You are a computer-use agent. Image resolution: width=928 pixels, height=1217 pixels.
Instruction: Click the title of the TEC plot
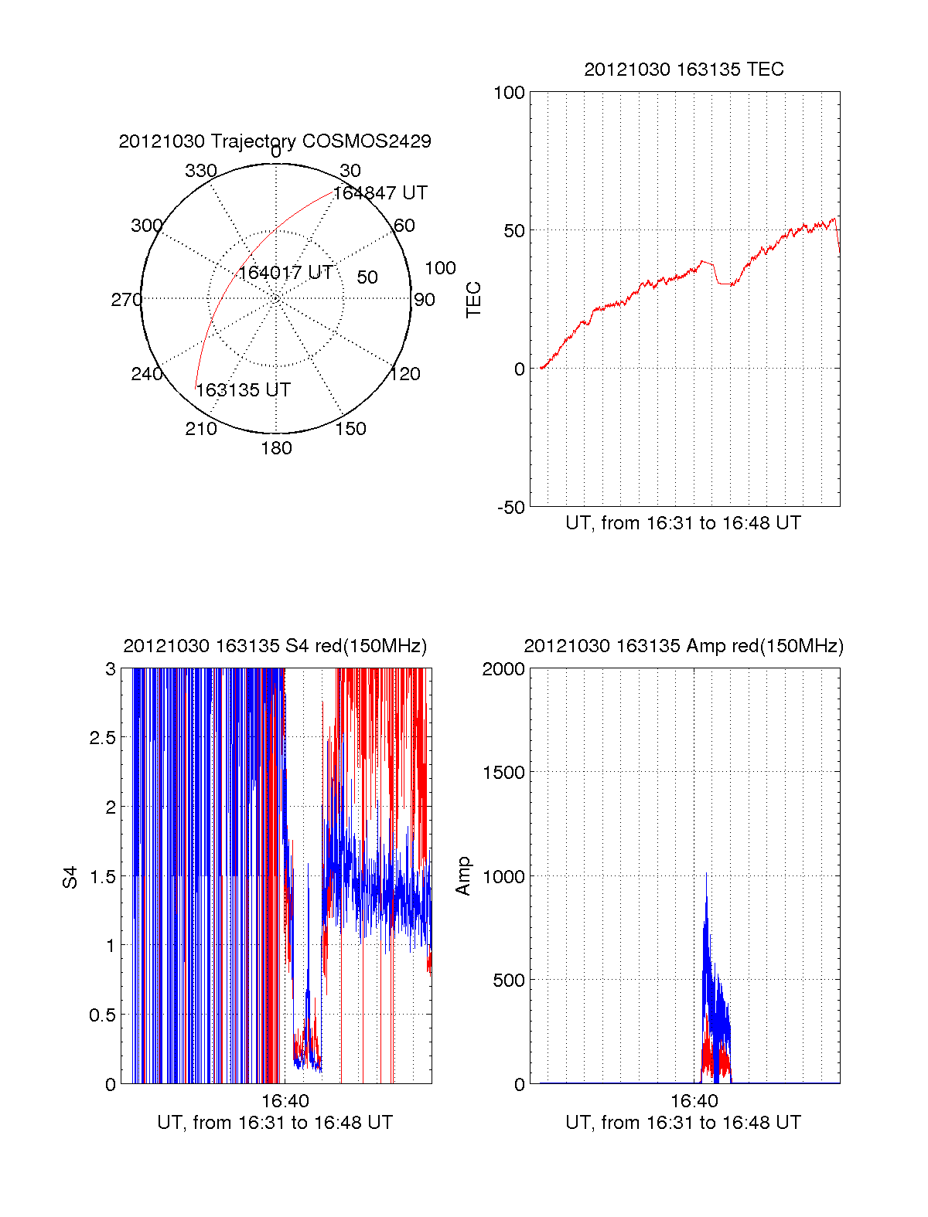pyautogui.click(x=684, y=70)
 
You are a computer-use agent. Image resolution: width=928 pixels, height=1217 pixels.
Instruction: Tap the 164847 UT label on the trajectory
pyautogui.click(x=380, y=193)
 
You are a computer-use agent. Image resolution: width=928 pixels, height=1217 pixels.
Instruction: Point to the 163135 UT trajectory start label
pyautogui.click(x=243, y=390)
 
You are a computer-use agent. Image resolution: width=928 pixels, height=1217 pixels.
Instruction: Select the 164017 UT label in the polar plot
pyautogui.click(x=285, y=273)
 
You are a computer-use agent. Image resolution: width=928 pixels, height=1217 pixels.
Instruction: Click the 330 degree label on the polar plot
pyautogui.click(x=200, y=171)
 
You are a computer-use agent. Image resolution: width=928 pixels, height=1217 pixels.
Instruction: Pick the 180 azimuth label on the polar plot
pyautogui.click(x=276, y=448)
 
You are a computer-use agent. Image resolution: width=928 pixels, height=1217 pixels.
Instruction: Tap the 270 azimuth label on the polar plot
pyautogui.click(x=126, y=300)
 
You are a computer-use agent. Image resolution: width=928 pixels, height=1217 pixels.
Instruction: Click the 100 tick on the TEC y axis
pyautogui.click(x=509, y=93)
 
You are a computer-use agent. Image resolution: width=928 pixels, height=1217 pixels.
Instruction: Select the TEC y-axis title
pyautogui.click(x=473, y=300)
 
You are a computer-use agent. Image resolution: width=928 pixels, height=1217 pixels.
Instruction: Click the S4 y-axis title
pyautogui.click(x=70, y=877)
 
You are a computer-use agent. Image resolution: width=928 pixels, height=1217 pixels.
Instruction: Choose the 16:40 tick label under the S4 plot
pyautogui.click(x=285, y=1101)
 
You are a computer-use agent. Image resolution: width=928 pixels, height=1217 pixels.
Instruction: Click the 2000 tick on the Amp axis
pyautogui.click(x=503, y=669)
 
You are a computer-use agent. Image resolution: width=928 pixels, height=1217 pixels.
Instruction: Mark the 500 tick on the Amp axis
pyautogui.click(x=509, y=981)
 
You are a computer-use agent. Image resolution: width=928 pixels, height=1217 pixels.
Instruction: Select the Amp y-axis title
pyautogui.click(x=462, y=876)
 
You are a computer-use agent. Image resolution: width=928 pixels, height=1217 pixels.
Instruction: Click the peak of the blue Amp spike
pyautogui.click(x=706, y=874)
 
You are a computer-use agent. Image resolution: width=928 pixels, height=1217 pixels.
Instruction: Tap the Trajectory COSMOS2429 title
pyautogui.click(x=275, y=141)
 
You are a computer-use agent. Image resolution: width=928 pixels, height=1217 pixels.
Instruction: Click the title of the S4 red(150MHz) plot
pyautogui.click(x=275, y=646)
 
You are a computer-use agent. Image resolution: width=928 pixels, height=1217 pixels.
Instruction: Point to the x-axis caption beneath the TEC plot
pyautogui.click(x=683, y=523)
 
